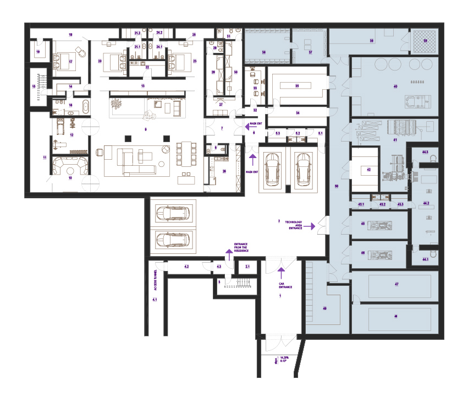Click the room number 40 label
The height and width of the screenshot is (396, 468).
pyautogui.click(x=395, y=86)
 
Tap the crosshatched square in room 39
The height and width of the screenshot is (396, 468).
pyautogui.click(x=425, y=40)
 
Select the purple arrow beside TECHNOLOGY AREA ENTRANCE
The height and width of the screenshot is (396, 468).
pyautogui.click(x=313, y=226)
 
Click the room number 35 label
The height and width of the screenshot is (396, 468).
pyautogui.click(x=296, y=86)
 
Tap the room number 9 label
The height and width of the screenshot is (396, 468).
pyautogui.click(x=145, y=129)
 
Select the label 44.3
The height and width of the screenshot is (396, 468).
pyautogui.click(x=425, y=151)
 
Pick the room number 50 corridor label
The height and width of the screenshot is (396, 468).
pyautogui.click(x=336, y=187)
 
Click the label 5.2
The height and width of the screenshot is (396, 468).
pyautogui.click(x=298, y=134)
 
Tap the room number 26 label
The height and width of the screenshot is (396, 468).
pyautogui.click(x=224, y=171)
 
